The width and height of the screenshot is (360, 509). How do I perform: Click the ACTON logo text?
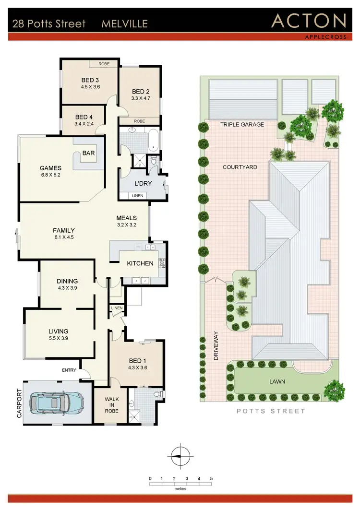(309, 21)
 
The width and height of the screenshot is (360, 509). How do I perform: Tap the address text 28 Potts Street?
(49, 24)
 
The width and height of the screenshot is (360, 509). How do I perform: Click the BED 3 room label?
(90, 80)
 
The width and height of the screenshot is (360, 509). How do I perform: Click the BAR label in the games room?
(89, 154)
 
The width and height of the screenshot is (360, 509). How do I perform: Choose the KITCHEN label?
(140, 263)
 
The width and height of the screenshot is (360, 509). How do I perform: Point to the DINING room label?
(67, 281)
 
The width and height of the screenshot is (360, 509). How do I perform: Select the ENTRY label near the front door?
(69, 370)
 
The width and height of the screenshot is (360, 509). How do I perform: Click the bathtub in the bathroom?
(153, 140)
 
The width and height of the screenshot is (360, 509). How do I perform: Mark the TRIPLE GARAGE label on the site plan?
(242, 125)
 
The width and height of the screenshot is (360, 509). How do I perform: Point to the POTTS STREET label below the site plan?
(272, 411)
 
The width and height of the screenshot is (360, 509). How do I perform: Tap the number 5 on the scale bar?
(211, 478)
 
